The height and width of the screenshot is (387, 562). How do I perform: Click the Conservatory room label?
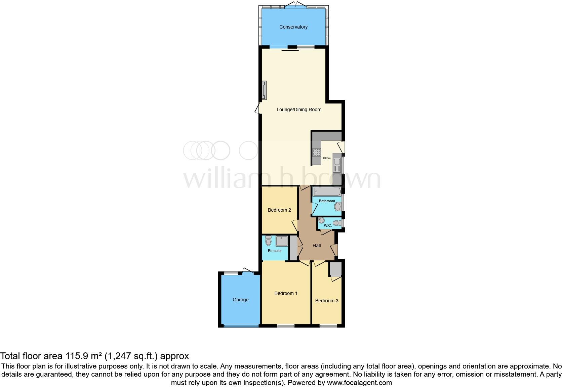(x=293, y=27)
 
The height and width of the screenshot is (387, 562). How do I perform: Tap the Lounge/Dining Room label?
(x=299, y=110)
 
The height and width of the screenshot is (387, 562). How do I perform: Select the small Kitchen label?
(x=327, y=158)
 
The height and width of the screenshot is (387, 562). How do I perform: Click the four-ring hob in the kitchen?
(x=317, y=153)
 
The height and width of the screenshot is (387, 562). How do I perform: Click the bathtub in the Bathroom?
(x=327, y=192)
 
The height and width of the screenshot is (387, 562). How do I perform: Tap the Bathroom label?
(x=327, y=201)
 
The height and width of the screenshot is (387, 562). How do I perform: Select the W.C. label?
(x=328, y=225)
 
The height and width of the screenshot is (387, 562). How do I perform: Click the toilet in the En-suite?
(x=268, y=241)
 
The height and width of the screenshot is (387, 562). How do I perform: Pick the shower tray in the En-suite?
(x=282, y=241)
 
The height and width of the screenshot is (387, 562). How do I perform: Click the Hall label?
(x=317, y=246)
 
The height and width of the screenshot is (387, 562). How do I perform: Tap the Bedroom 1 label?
(x=286, y=293)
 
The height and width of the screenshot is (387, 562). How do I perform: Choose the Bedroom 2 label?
(x=279, y=210)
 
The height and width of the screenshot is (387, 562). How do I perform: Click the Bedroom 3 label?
(x=327, y=301)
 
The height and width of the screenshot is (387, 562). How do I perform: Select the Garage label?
(x=241, y=300)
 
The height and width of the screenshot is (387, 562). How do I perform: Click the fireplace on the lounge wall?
(x=265, y=90)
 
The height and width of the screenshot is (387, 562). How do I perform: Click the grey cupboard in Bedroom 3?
(x=335, y=269)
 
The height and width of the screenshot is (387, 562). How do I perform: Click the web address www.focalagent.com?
(x=359, y=383)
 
